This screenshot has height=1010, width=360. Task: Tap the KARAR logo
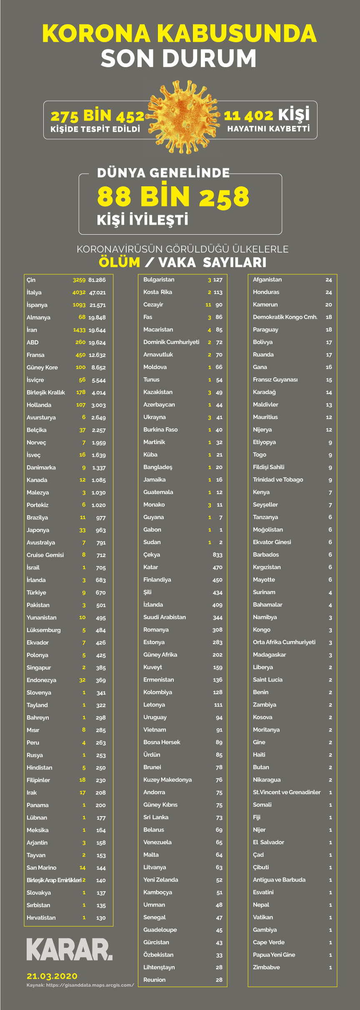(x=69, y=950)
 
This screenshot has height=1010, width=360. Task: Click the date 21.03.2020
(x=52, y=976)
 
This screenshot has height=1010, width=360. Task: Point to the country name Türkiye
(x=36, y=592)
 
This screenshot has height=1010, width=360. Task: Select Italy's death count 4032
(x=79, y=292)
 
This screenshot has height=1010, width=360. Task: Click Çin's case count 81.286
(x=97, y=280)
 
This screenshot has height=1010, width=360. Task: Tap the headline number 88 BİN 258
(x=173, y=196)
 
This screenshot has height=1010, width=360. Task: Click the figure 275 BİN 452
(x=97, y=116)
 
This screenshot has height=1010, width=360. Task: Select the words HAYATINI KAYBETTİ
(x=268, y=129)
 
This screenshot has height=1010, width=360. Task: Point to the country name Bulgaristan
(x=159, y=279)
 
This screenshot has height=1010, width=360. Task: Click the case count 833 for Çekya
(x=217, y=555)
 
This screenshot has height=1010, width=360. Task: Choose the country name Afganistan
(x=267, y=279)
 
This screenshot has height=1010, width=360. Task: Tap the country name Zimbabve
(x=266, y=967)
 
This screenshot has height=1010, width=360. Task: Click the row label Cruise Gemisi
(x=45, y=555)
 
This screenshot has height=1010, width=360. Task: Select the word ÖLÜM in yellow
(x=120, y=262)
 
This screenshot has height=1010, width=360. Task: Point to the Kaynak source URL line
(x=80, y=985)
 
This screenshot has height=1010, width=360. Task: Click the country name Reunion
(x=154, y=980)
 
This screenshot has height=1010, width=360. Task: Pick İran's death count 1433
(x=79, y=330)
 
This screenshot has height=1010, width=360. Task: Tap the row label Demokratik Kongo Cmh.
(x=285, y=317)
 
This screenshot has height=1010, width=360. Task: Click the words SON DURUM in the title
(x=178, y=58)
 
